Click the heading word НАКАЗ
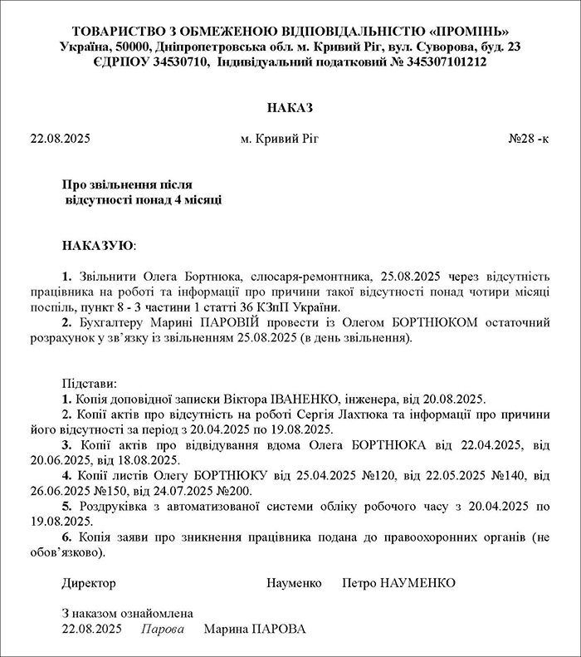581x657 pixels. (x=290, y=108)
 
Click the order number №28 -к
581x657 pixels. (x=527, y=139)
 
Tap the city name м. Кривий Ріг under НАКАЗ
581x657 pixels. (x=279, y=139)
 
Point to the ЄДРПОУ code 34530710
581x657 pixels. (x=177, y=61)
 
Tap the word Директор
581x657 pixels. (x=90, y=583)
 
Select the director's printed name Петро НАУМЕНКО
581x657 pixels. (x=398, y=583)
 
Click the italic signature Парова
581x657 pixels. (x=163, y=629)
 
